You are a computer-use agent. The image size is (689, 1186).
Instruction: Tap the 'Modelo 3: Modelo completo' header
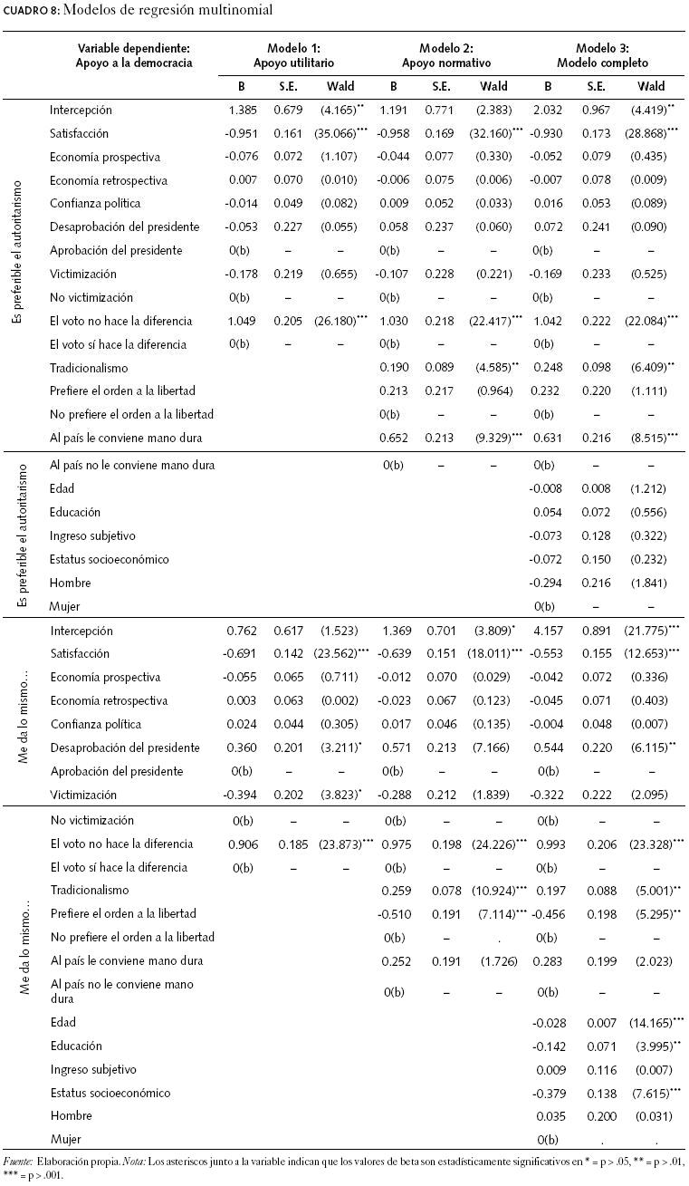coord(606,56)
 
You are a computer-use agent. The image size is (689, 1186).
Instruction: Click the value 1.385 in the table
coord(244,110)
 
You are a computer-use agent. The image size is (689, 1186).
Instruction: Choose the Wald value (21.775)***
coord(649,631)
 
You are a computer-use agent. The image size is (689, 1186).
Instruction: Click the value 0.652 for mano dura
coord(394,439)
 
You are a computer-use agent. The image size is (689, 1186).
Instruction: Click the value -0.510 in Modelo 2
coord(394,913)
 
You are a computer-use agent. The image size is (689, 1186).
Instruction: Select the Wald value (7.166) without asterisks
coord(493,747)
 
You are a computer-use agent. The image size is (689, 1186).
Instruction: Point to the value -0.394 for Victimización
coord(244,795)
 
